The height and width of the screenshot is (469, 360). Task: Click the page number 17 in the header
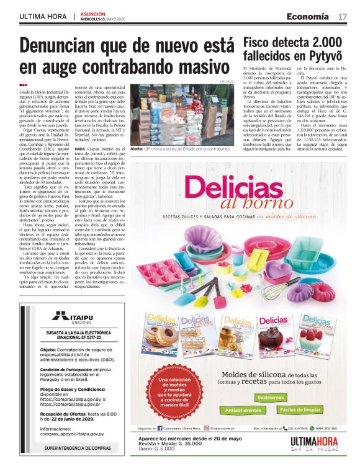[x=342, y=16]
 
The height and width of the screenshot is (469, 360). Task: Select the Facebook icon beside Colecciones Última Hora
[x=160, y=428]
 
